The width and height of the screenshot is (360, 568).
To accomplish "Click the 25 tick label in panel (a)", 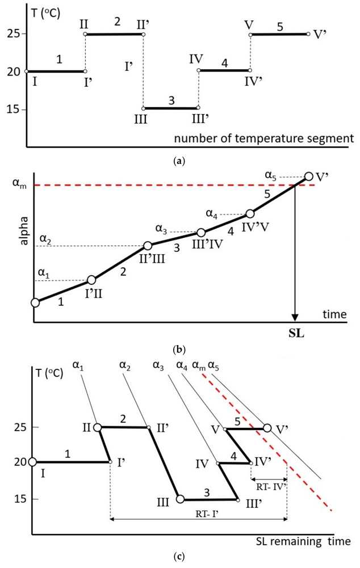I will (x=15, y=34).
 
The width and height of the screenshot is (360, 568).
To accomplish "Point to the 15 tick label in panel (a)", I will (x=15, y=109).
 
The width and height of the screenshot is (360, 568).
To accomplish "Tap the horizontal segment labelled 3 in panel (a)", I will (x=170, y=107).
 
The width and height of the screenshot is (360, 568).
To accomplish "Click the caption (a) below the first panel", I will (x=179, y=161).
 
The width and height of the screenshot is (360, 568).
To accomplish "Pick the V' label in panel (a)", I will (x=319, y=33).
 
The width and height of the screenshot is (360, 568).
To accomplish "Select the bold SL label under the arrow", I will (x=296, y=333).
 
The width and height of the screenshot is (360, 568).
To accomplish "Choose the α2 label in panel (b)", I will (x=45, y=237).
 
